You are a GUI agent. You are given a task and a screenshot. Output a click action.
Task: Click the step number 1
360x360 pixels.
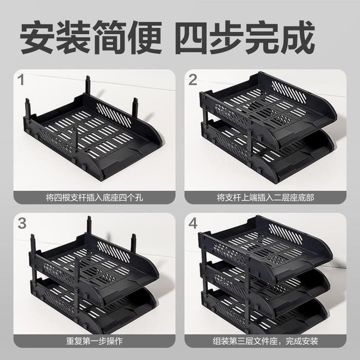[x=22, y=80]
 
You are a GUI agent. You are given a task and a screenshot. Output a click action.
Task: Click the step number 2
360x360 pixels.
[x=193, y=80]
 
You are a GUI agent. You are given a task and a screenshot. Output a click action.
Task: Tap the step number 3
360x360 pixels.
[x=22, y=223]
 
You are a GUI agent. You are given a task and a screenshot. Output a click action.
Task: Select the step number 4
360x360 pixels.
[x=193, y=223]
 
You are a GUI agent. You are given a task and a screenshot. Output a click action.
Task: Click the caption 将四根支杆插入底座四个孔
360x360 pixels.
[x=95, y=197]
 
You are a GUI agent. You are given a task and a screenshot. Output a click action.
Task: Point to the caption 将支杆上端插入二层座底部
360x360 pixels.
[x=266, y=197]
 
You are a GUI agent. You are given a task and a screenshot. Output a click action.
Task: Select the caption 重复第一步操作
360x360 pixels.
[x=95, y=340]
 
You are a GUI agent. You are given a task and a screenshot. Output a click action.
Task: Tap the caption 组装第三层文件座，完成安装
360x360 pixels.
[x=266, y=340]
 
